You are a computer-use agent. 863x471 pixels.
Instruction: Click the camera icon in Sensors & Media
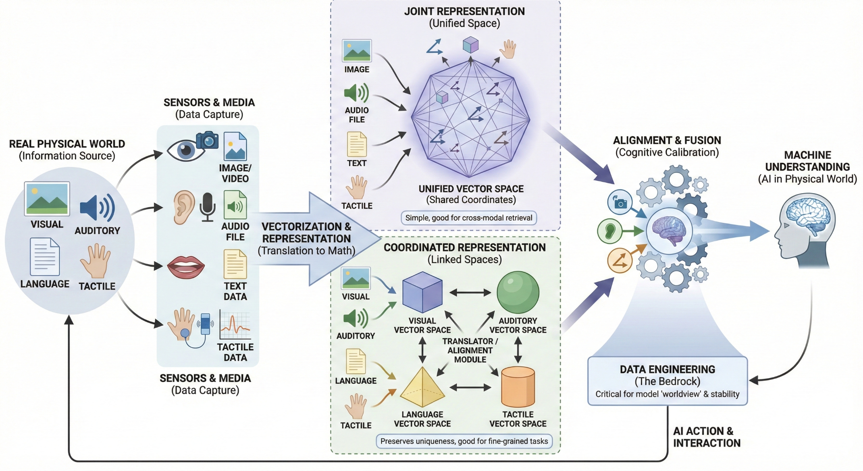[207, 140]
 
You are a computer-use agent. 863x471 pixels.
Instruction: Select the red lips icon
[186, 267]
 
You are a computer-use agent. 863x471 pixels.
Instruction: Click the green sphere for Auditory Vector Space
[518, 293]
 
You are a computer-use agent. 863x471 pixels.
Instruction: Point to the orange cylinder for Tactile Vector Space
[518, 387]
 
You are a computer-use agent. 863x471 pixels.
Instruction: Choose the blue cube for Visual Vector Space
[422, 292]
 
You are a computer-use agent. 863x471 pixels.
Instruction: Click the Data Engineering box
[667, 381]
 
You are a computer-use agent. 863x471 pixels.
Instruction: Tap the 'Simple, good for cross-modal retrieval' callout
[469, 218]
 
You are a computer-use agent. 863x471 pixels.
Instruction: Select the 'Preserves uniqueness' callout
[464, 441]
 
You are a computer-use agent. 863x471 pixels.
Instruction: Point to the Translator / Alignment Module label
[470, 350]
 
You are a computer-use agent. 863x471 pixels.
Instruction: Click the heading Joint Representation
[464, 11]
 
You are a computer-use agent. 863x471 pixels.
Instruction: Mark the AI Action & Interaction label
[707, 437]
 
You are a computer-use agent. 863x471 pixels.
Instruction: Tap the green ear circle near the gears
[610, 231]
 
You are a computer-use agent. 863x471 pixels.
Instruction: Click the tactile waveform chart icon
[235, 325]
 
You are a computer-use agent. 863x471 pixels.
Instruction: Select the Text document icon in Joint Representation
[357, 145]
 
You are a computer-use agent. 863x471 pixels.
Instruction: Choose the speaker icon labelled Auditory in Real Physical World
[98, 208]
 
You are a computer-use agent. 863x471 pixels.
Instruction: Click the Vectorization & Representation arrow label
[306, 238]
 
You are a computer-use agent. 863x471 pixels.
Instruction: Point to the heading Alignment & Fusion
[667, 140]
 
